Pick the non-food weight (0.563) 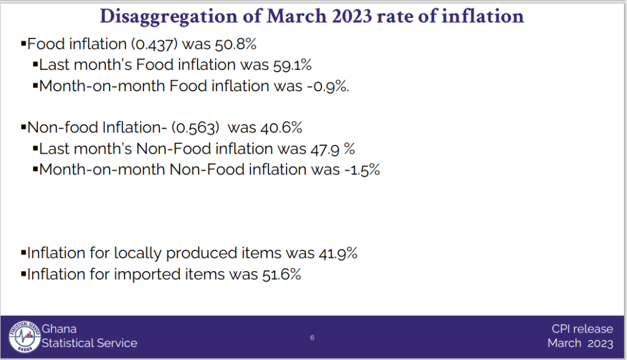pyautogui.click(x=196, y=128)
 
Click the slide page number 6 pyautogui.click(x=312, y=338)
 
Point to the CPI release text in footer pyautogui.click(x=582, y=329)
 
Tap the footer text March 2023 pyautogui.click(x=580, y=343)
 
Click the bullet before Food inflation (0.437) pyautogui.click(x=23, y=44)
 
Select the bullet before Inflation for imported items pyautogui.click(x=23, y=274)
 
